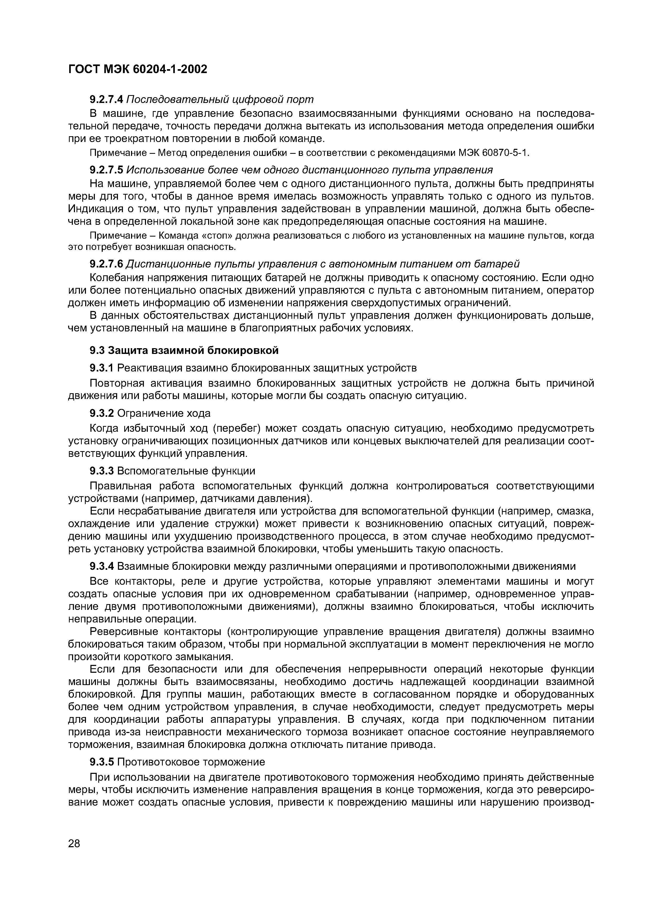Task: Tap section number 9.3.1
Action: pyautogui.click(x=102, y=368)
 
